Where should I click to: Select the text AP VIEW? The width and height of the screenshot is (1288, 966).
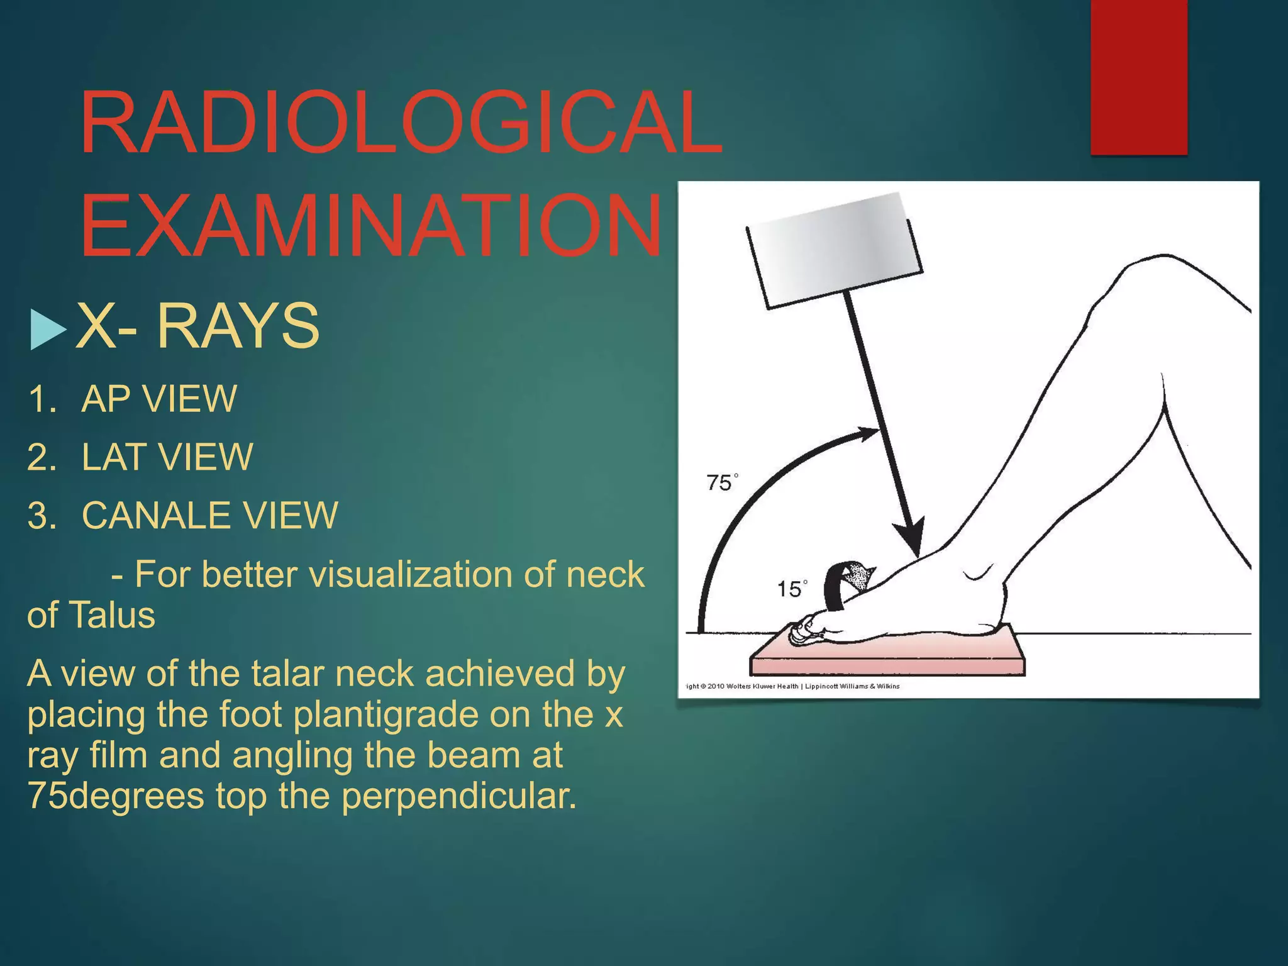[x=158, y=399]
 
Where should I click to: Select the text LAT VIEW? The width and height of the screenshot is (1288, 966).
[x=167, y=457]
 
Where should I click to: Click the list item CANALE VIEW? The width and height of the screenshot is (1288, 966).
[x=209, y=515]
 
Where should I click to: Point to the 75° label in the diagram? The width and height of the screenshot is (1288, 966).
[x=721, y=483]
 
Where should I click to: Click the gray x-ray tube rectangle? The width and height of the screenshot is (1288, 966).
[x=833, y=250]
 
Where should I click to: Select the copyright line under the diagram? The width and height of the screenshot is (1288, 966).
[x=792, y=686]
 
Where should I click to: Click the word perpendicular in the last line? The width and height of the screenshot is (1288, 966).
[x=458, y=796]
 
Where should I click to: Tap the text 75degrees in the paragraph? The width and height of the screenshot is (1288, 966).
[x=116, y=796]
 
